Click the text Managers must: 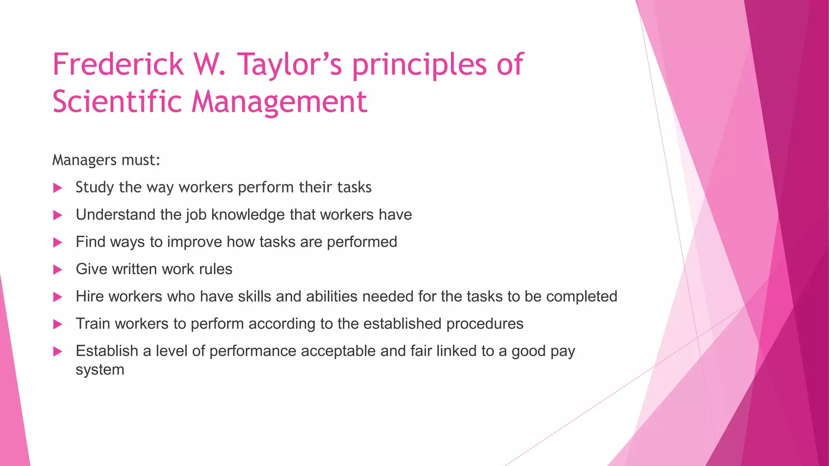click(106, 160)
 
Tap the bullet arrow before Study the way click(58, 188)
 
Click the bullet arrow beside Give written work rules click(58, 270)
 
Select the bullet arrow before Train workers click(58, 324)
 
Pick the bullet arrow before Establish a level click(58, 352)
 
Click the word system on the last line click(100, 370)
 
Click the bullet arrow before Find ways click(58, 242)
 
